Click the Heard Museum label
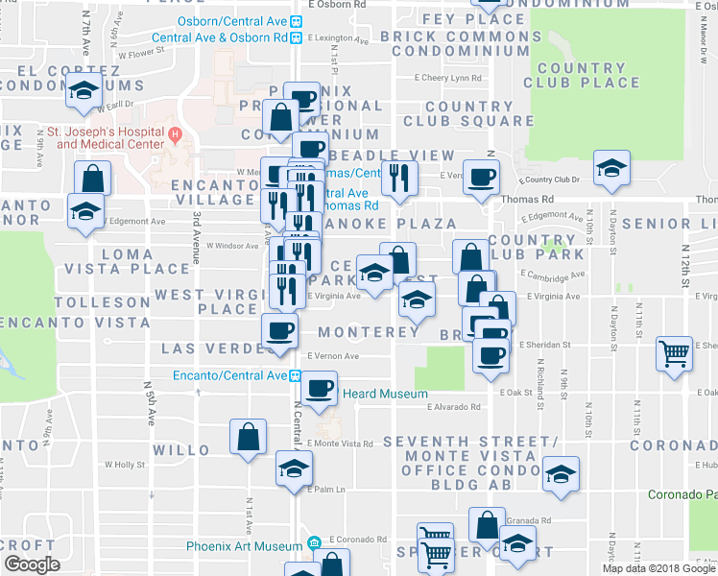click(x=371, y=394)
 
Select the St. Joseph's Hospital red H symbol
click(x=174, y=133)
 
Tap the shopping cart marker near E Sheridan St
click(x=675, y=353)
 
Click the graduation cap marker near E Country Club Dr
click(x=610, y=168)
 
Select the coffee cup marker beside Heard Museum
click(x=319, y=389)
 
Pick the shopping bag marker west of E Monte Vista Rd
click(x=248, y=437)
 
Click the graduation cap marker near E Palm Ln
click(x=294, y=468)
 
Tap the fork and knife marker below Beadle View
click(x=399, y=178)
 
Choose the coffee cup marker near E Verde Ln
click(x=481, y=176)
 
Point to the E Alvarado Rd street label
click(x=453, y=407)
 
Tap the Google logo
click(x=32, y=564)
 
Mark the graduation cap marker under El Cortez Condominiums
click(x=84, y=94)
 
